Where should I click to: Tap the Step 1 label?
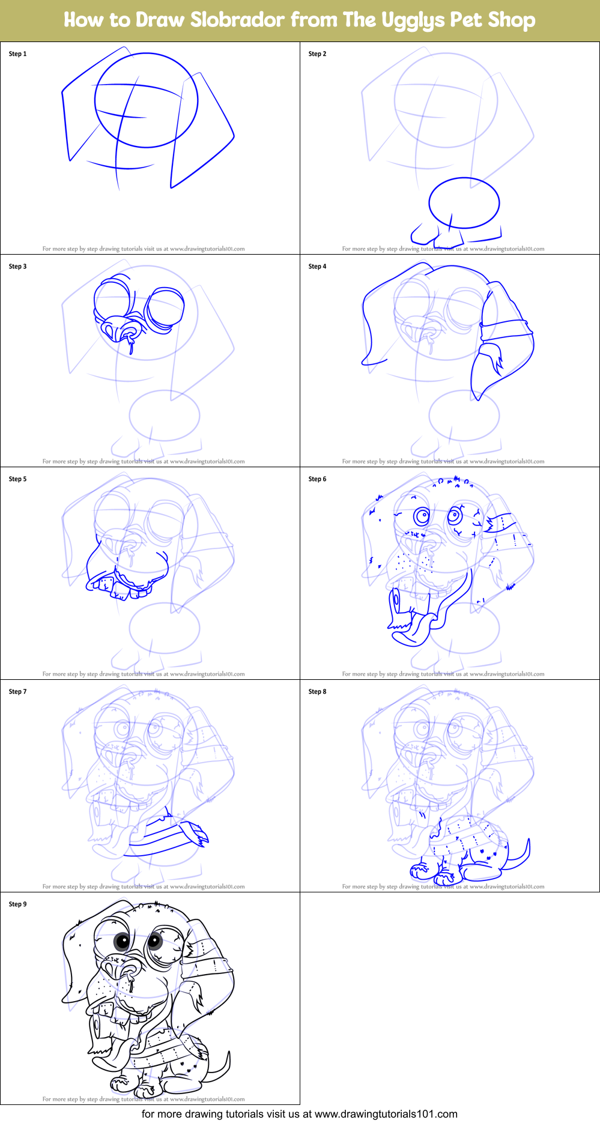point(17,54)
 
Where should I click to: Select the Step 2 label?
point(317,54)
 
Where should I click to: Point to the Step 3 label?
point(17,267)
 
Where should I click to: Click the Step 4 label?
point(317,267)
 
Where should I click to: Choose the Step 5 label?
point(17,479)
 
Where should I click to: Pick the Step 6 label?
point(317,479)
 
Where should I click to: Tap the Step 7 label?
point(17,692)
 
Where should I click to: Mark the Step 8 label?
point(317,692)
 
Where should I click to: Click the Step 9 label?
point(17,904)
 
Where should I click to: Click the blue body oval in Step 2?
point(464,203)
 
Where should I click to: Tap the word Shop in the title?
point(511,20)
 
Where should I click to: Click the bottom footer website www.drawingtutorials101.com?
point(386,1114)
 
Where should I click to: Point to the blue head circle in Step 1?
point(146,100)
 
